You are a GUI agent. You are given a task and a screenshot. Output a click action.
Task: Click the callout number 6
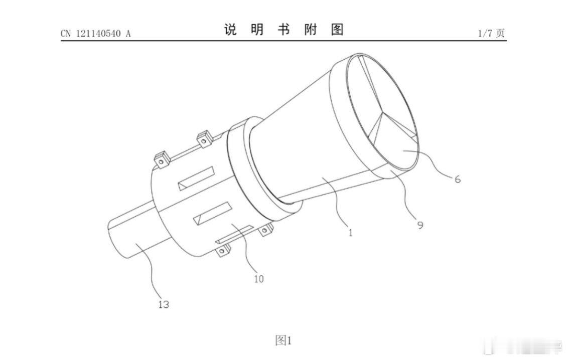coord(457,178)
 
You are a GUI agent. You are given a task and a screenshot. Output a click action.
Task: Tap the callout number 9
coord(420,225)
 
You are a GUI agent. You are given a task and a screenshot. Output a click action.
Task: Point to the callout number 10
coord(258,279)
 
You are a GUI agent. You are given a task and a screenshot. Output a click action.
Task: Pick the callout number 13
coord(164,304)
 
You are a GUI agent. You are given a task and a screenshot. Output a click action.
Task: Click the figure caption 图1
coord(283,341)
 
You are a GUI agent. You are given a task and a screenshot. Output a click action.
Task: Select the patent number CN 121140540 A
coord(95,34)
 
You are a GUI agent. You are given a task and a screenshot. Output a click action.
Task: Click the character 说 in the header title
coord(230,30)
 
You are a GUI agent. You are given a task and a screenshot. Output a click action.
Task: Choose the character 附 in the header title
coord(311,30)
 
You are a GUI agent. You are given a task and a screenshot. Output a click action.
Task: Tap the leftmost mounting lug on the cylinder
coord(162,159)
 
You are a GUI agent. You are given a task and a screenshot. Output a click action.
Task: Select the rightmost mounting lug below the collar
coord(265,230)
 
